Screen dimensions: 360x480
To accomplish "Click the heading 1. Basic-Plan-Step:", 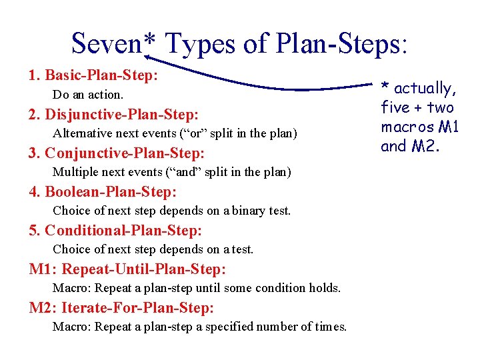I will (93, 75).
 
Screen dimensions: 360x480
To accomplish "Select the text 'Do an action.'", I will (88, 95).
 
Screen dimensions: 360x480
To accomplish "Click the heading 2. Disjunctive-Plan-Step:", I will (113, 114).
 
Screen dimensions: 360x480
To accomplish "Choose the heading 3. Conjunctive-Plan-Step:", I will (116, 153).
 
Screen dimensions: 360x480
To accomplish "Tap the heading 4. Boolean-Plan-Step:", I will (103, 192).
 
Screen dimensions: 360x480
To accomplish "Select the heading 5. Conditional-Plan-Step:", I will (115, 231).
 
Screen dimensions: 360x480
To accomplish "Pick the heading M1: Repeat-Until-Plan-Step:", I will (127, 269).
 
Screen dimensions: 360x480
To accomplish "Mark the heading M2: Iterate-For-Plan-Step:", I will (121, 308).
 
